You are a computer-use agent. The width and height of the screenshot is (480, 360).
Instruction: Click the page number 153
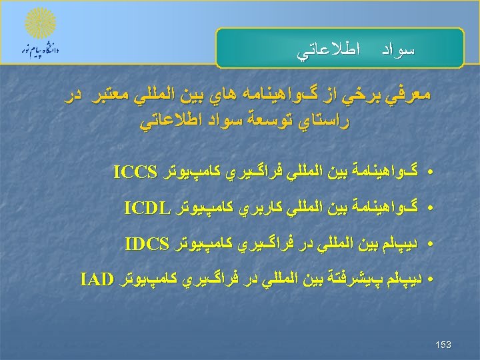click(x=443, y=345)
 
